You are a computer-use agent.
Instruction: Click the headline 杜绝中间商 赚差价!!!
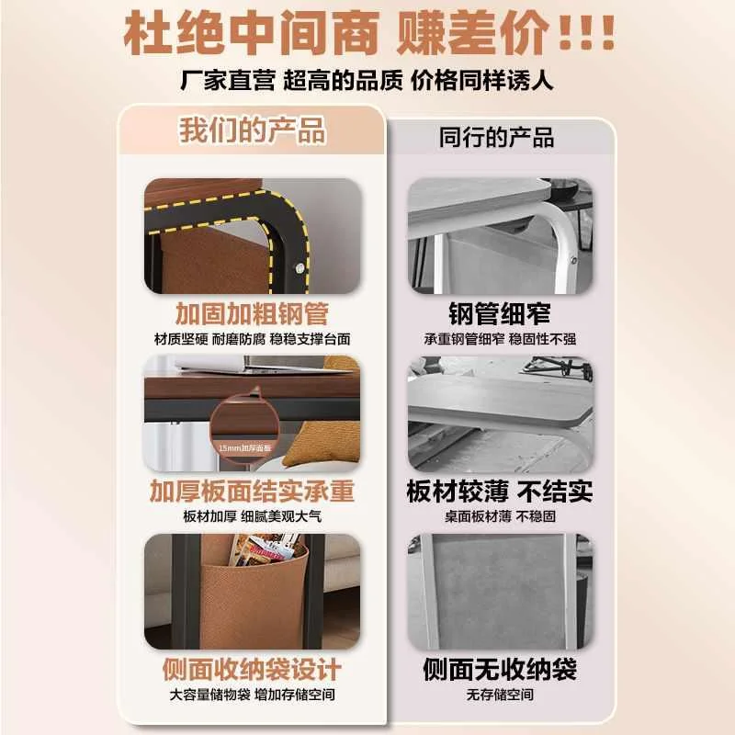pyautogui.click(x=367, y=34)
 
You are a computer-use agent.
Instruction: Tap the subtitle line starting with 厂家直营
pyautogui.click(x=367, y=82)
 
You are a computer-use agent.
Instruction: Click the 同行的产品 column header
pyautogui.click(x=496, y=138)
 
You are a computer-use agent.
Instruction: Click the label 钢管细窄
pyautogui.click(x=500, y=312)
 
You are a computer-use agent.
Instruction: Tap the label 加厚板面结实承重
pyautogui.click(x=252, y=491)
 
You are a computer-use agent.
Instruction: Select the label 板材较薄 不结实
pyautogui.click(x=500, y=491)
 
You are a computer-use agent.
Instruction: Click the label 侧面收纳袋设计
pyautogui.click(x=252, y=668)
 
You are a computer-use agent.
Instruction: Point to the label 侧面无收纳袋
pyautogui.click(x=500, y=669)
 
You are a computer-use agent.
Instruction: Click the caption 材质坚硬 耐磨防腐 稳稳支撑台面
pyautogui.click(x=252, y=339)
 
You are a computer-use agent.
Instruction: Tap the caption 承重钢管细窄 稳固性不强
pyautogui.click(x=500, y=339)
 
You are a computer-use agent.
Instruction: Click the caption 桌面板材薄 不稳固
pyautogui.click(x=500, y=516)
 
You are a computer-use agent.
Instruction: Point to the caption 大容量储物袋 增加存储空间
pyautogui.click(x=252, y=695)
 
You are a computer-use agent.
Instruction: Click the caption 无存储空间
pyautogui.click(x=500, y=695)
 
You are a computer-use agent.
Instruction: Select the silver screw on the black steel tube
pyautogui.click(x=299, y=266)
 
